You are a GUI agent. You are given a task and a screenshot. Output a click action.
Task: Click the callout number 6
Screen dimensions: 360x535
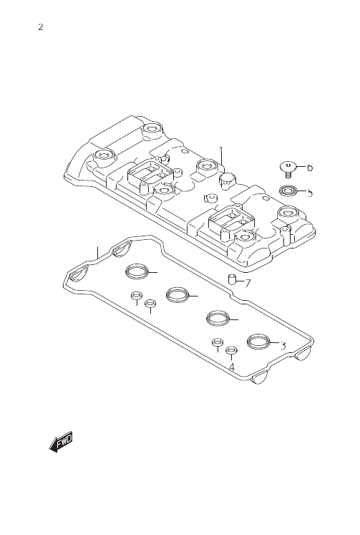[310, 168]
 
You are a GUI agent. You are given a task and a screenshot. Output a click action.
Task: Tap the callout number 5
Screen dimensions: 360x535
[310, 193]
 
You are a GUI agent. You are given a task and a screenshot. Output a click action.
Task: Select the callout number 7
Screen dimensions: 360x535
[248, 283]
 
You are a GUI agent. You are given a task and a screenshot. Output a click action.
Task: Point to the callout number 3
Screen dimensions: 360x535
[283, 346]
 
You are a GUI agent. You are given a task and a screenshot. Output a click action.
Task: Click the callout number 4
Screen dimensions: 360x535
[232, 367]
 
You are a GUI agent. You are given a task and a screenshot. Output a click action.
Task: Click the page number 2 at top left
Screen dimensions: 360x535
[41, 27]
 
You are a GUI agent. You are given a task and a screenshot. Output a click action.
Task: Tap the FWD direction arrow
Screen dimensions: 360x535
[61, 441]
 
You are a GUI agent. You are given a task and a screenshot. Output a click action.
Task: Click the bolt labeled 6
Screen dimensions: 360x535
[288, 170]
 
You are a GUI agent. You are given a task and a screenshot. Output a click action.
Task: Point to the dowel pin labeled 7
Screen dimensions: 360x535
[231, 279]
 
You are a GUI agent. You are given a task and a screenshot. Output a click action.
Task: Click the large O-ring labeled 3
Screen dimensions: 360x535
[258, 342]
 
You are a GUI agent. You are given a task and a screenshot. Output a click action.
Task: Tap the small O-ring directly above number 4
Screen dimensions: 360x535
[231, 350]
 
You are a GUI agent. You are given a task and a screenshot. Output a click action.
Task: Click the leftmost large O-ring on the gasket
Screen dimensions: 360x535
[137, 271]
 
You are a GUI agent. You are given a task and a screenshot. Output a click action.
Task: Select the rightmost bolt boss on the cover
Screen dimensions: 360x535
[288, 213]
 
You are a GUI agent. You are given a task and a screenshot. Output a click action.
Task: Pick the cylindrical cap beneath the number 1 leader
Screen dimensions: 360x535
[226, 180]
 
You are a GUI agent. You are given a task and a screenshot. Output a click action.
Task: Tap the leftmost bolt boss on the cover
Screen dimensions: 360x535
[103, 155]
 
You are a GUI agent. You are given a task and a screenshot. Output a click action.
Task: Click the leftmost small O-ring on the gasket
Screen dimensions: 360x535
[137, 295]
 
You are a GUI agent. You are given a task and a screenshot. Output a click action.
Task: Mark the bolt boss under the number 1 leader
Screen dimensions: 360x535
[207, 166]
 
